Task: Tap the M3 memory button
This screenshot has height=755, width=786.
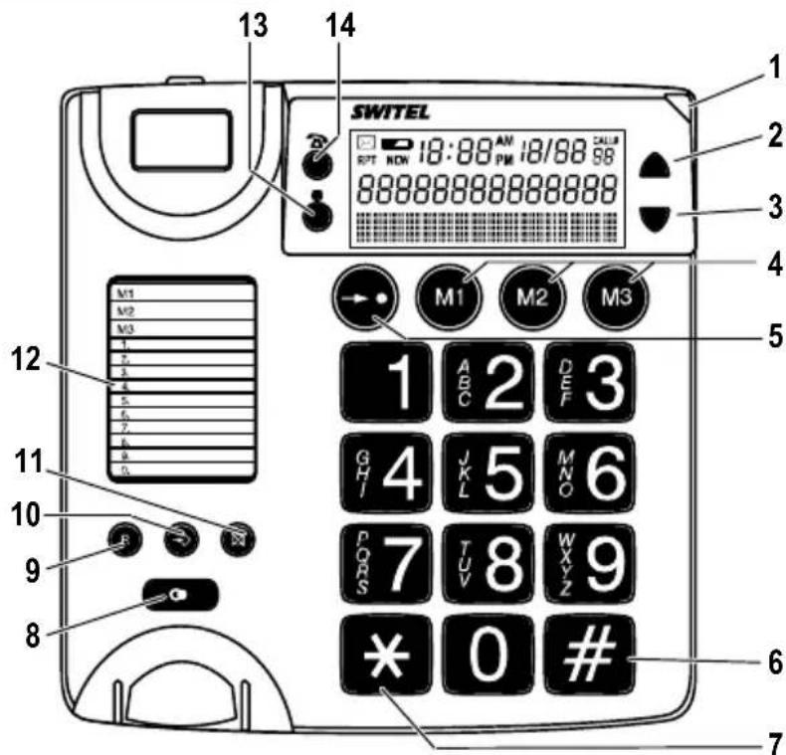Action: click(x=614, y=294)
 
